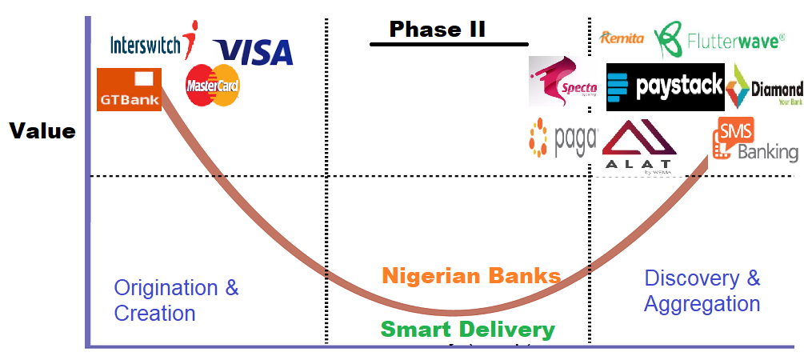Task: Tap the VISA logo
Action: click(x=253, y=52)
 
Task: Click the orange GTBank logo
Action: click(x=129, y=89)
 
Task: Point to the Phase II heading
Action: click(x=438, y=30)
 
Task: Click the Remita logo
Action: click(x=622, y=38)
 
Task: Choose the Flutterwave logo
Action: click(x=719, y=38)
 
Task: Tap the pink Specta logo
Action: click(x=563, y=82)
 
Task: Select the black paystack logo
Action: click(x=665, y=86)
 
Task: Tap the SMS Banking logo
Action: click(x=756, y=141)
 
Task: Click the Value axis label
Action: click(x=42, y=131)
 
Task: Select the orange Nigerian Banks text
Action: click(x=471, y=277)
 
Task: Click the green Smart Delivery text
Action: click(x=467, y=329)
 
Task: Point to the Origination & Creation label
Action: click(x=176, y=300)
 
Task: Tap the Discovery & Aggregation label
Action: click(x=702, y=291)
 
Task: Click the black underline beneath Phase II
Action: click(x=449, y=44)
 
